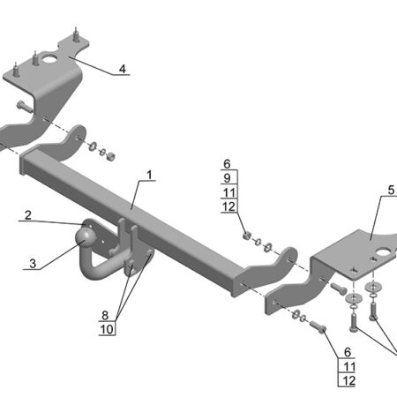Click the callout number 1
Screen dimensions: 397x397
click(x=150, y=175)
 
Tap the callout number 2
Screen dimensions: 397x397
click(x=28, y=215)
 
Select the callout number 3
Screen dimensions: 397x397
click(x=33, y=264)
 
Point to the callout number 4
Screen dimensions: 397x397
click(x=123, y=69)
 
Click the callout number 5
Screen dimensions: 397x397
click(x=391, y=191)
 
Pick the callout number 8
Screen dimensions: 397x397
click(x=105, y=316)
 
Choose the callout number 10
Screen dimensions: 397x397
click(x=107, y=330)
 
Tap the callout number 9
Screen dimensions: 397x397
click(x=227, y=178)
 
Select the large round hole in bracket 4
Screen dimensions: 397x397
click(x=50, y=58)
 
